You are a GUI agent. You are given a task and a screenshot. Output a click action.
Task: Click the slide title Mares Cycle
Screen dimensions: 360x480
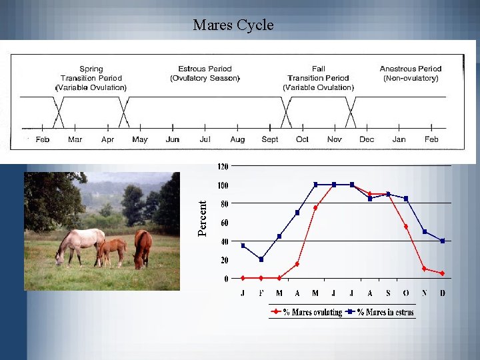pyautogui.click(x=233, y=25)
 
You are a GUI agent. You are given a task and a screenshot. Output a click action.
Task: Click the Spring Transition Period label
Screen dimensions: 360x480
pyautogui.click(x=91, y=78)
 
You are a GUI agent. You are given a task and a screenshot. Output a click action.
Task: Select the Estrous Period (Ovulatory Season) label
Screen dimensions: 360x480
pyautogui.click(x=205, y=73)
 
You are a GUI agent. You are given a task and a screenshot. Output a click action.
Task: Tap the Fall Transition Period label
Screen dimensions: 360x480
pyautogui.click(x=318, y=78)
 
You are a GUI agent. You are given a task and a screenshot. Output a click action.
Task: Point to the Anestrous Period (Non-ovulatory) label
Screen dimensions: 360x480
pyautogui.click(x=411, y=73)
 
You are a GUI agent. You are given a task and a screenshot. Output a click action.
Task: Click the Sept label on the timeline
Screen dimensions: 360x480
pyautogui.click(x=270, y=139)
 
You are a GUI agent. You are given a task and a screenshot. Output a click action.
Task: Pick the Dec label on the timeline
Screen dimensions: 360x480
pyautogui.click(x=367, y=139)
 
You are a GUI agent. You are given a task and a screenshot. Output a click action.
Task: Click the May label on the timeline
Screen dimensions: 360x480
pyautogui.click(x=140, y=139)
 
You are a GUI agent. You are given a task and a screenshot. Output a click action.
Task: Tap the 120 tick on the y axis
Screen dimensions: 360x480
pyautogui.click(x=222, y=166)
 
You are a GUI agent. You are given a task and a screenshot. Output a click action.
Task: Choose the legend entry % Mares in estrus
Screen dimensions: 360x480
pyautogui.click(x=385, y=312)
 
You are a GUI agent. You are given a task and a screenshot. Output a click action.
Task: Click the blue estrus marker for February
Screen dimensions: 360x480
pyautogui.click(x=261, y=259)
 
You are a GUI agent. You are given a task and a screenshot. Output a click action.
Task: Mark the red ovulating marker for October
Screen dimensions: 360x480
pyautogui.click(x=406, y=227)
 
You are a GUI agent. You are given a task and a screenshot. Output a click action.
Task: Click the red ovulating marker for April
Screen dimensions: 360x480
pyautogui.click(x=297, y=264)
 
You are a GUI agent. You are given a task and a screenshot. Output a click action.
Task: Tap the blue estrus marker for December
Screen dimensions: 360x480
pyautogui.click(x=442, y=241)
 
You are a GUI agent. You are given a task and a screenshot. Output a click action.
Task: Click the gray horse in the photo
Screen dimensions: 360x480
pyautogui.click(x=80, y=244)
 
